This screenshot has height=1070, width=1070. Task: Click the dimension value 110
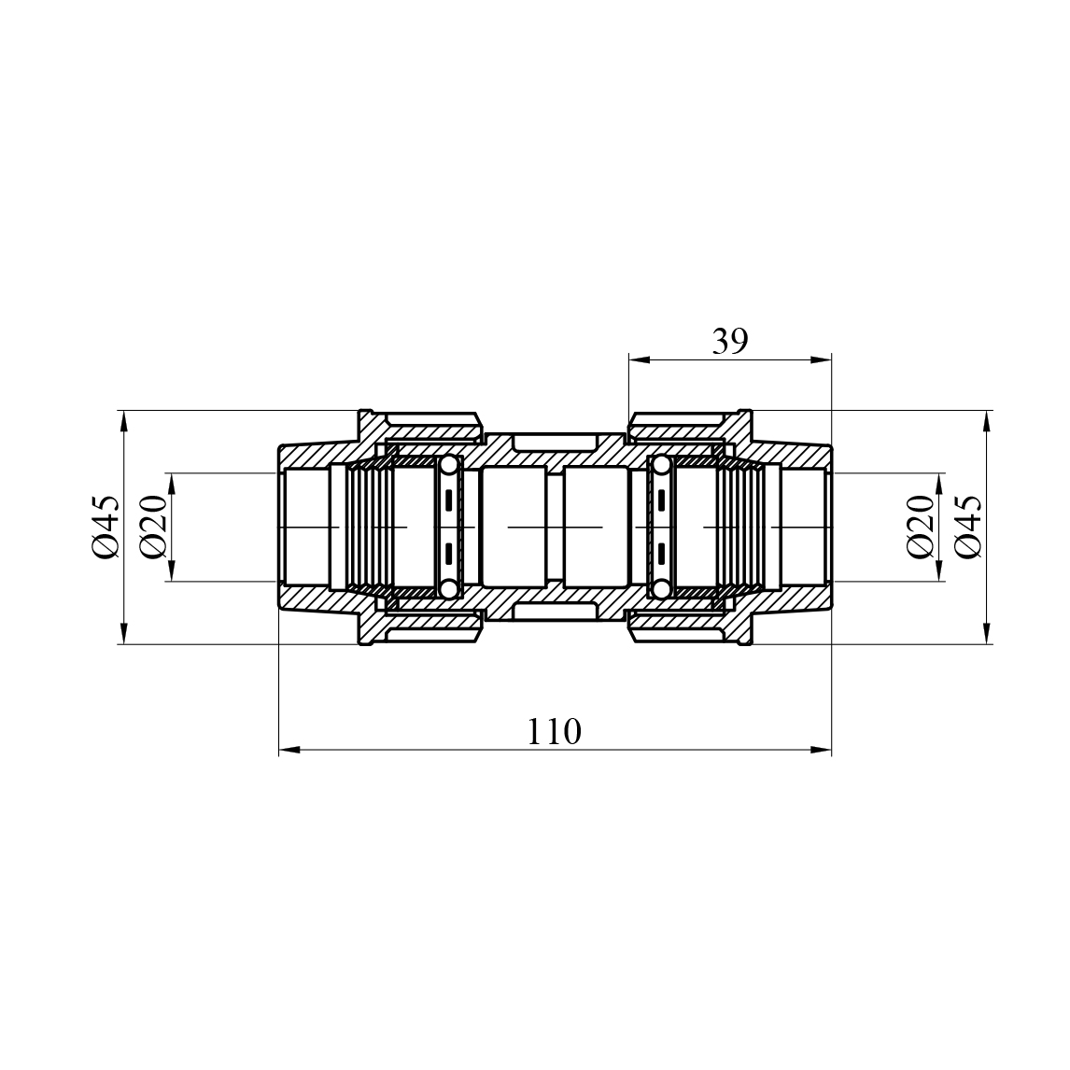[x=554, y=731]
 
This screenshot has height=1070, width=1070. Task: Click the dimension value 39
[x=730, y=341]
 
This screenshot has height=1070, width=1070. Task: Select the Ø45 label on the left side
[x=106, y=528]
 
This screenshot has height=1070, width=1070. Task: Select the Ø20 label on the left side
[x=153, y=528]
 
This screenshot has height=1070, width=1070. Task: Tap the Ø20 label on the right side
[x=921, y=528]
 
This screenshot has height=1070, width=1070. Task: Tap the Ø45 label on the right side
[x=967, y=528]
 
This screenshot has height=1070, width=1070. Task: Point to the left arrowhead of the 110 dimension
[x=289, y=750]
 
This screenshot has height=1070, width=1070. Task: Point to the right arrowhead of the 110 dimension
[x=821, y=750]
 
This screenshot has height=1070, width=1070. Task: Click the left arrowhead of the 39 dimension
[x=639, y=359]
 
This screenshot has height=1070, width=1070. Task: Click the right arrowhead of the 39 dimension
[x=821, y=359]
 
